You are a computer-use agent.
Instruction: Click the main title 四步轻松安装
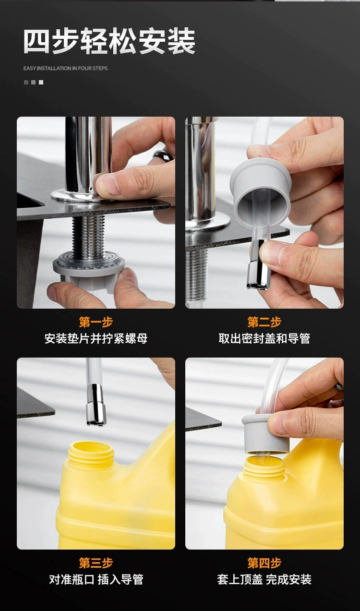click(109, 41)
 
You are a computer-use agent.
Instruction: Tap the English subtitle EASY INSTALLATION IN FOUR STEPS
click(65, 68)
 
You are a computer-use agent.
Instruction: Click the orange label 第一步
click(96, 322)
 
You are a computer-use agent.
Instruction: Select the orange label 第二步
click(264, 322)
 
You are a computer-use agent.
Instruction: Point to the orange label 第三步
click(96, 563)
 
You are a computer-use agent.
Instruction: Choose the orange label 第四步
click(264, 563)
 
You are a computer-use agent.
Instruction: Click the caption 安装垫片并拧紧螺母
click(96, 338)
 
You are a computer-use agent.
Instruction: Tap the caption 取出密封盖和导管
click(264, 338)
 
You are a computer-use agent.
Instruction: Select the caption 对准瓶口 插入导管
click(96, 579)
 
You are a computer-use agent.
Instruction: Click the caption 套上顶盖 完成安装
click(264, 579)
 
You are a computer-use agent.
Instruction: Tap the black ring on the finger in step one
click(163, 155)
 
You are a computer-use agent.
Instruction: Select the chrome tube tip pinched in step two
click(258, 264)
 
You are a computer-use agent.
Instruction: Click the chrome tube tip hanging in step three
click(96, 405)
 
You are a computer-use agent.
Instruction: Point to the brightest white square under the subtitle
click(41, 82)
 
